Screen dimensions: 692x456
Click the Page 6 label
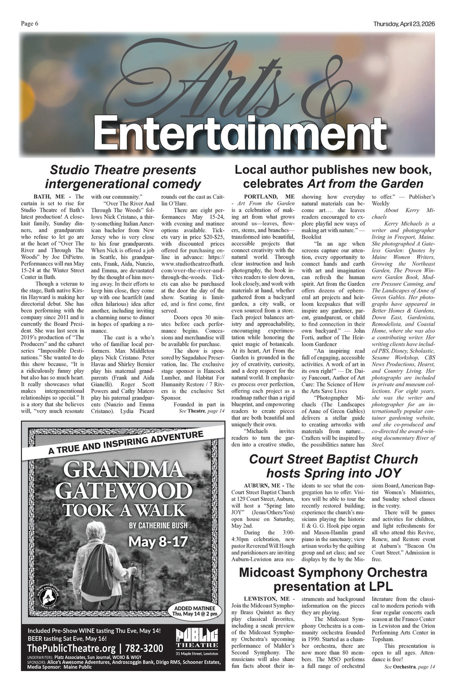pos(29,24)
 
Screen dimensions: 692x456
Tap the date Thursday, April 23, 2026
pos(403,24)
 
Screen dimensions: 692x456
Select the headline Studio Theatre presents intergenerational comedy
pos(123,177)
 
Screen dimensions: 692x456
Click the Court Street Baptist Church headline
pos(333,466)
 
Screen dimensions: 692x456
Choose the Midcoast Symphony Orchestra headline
pos(333,579)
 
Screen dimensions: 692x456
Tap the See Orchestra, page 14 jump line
pos(409,667)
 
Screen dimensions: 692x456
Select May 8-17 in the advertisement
pos(158,542)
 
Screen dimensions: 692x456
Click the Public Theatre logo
pos(197,640)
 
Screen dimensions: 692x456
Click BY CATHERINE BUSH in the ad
pos(158,526)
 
